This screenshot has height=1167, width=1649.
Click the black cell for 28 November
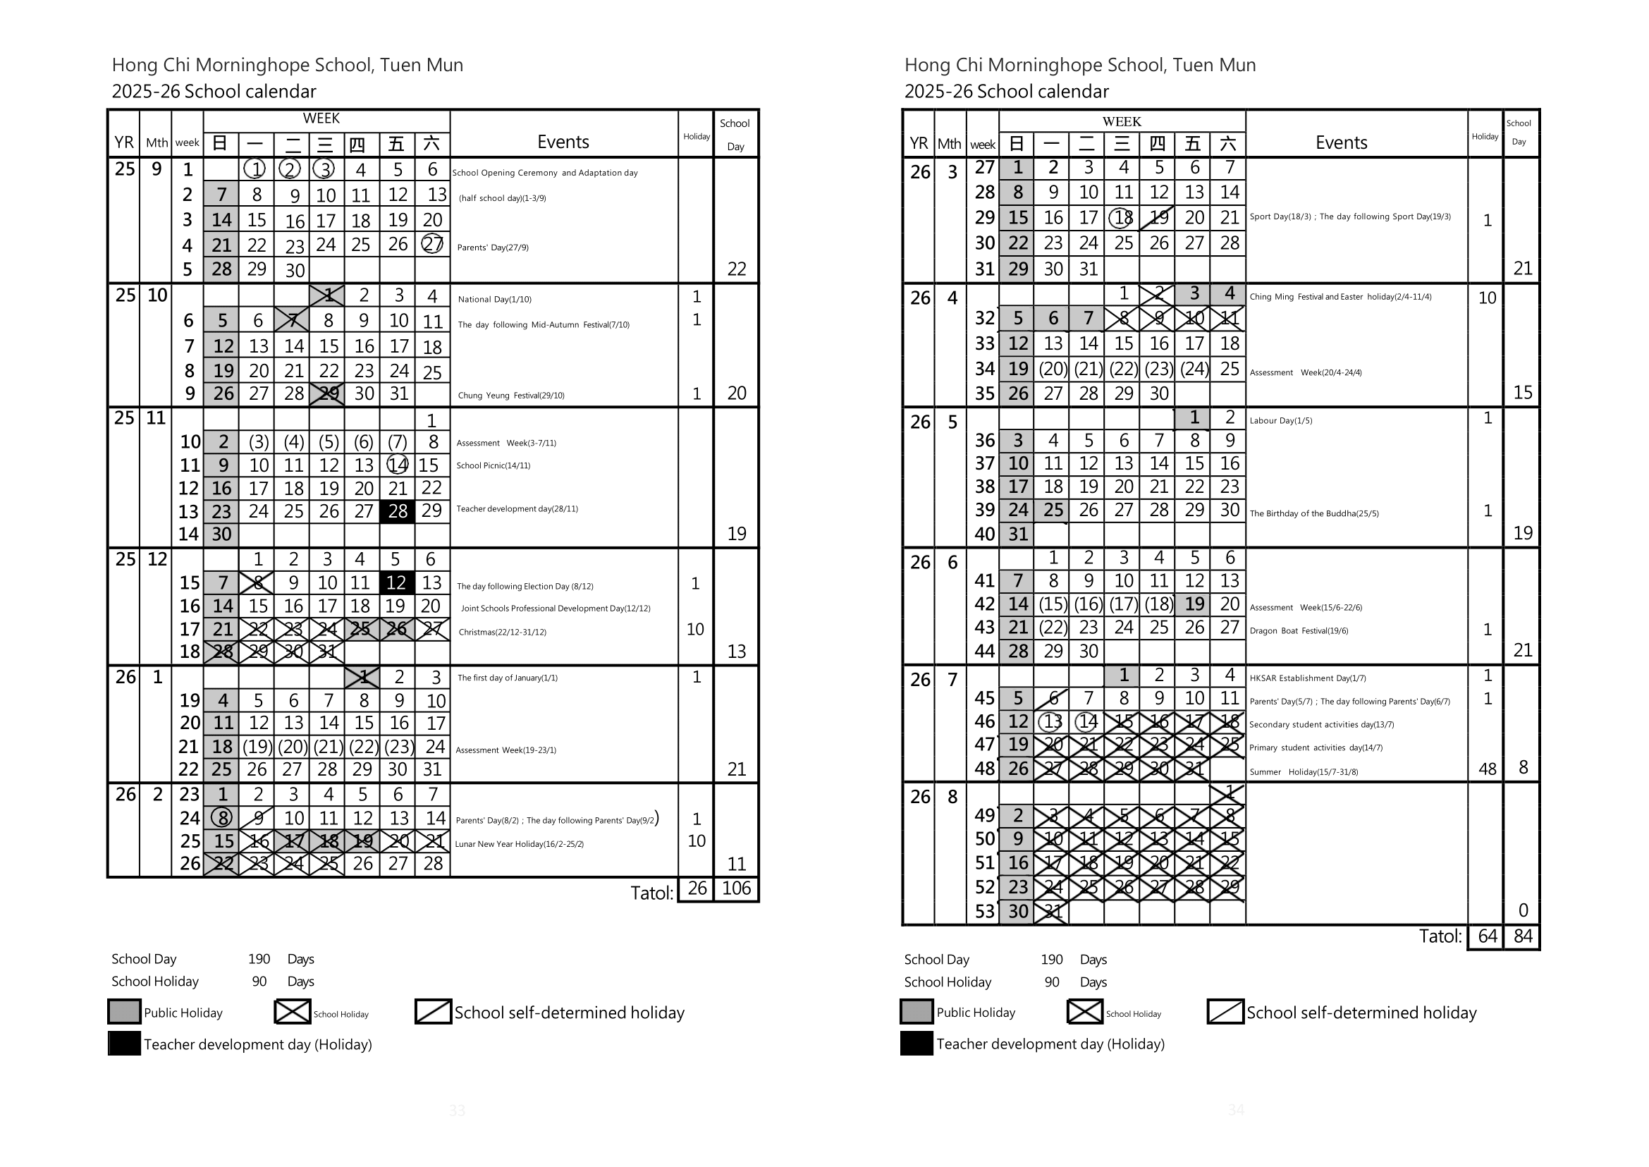coord(398,511)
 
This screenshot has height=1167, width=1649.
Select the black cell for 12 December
coord(397,582)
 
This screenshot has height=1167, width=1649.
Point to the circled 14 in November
coord(398,465)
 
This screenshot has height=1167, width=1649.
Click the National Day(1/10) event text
coord(494,300)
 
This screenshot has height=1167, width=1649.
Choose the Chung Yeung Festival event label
coord(511,395)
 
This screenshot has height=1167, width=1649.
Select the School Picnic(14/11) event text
coord(493,465)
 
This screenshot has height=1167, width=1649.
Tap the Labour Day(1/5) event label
coord(1280,420)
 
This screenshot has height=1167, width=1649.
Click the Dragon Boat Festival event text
coord(1299,631)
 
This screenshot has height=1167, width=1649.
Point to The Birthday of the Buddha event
coord(1313,513)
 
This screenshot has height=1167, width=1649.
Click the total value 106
coord(737,888)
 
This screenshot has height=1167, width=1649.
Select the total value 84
coord(1523,936)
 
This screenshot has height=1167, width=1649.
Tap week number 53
coord(984,911)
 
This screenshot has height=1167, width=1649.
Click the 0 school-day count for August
coord(1523,910)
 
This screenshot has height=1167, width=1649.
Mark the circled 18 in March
coord(1122,217)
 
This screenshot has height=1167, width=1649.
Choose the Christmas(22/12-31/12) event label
coord(502,633)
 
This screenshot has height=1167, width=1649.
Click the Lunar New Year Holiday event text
coord(519,844)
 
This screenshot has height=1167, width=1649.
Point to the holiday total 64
coord(1487,936)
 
